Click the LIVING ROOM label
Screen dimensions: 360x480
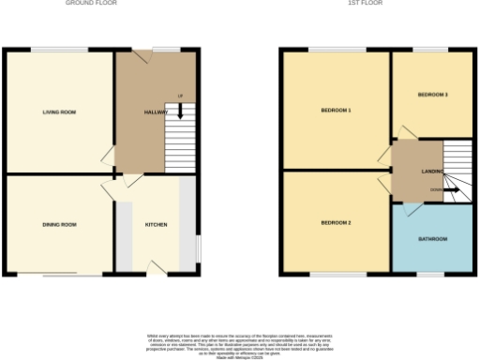59,112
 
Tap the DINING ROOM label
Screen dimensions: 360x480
59,225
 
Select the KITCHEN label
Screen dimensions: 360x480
156,225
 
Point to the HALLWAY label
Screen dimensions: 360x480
156,112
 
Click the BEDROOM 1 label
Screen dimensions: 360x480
336,112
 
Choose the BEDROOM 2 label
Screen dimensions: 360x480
336,222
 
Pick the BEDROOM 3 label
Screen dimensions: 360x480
432,95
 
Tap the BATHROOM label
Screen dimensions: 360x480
432,239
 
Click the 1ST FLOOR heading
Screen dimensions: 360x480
375,4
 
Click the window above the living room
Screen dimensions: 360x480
58,49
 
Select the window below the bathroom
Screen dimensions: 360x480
430,274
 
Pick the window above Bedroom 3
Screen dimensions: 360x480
430,49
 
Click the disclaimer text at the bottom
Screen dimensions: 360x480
240,344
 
